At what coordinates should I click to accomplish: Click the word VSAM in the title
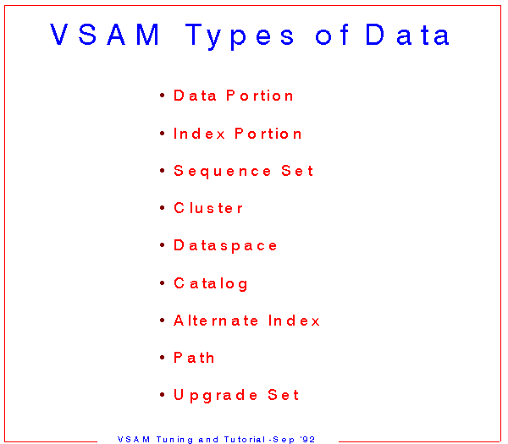104,35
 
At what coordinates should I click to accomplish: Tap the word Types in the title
240,36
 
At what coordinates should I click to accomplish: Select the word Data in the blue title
407,34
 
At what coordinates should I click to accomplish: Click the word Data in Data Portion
195,96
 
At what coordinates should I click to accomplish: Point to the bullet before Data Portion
163,95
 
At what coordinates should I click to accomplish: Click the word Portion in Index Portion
268,134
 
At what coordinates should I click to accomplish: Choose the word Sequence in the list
222,171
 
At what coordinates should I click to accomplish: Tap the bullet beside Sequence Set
163,171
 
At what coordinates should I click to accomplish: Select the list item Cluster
208,208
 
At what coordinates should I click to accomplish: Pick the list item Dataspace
225,245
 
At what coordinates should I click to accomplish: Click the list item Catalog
211,284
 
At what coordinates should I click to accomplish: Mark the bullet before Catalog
163,283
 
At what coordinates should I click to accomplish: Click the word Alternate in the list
216,321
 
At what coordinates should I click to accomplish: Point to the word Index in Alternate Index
294,321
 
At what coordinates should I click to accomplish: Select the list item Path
194,358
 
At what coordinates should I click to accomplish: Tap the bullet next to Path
163,358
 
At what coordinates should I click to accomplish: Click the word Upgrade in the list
215,396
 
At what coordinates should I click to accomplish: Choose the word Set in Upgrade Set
283,395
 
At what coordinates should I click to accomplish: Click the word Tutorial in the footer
245,440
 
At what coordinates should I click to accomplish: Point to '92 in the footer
307,440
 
